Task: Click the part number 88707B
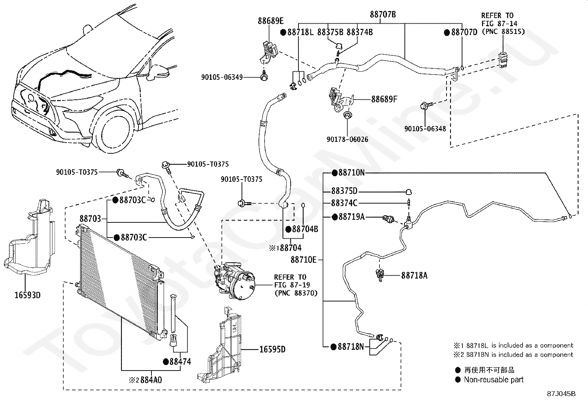click(x=383, y=15)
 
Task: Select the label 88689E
click(x=271, y=21)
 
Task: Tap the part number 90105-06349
click(x=222, y=77)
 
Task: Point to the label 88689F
click(x=384, y=99)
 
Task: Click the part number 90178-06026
click(x=347, y=139)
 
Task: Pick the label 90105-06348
click(x=425, y=129)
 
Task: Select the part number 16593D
click(x=27, y=295)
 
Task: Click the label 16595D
click(x=273, y=349)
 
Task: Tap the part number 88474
click(x=180, y=361)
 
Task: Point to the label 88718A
click(x=414, y=275)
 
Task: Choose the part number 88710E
click(x=304, y=260)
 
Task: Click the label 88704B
click(x=305, y=229)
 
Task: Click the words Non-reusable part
click(x=493, y=379)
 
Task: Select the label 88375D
click(x=344, y=191)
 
